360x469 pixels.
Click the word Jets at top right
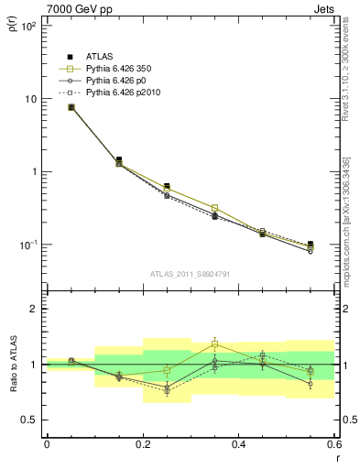pyautogui.click(x=323, y=7)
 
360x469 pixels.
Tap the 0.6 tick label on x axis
pyautogui.click(x=331, y=445)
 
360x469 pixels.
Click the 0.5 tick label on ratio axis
pyautogui.click(x=28, y=420)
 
